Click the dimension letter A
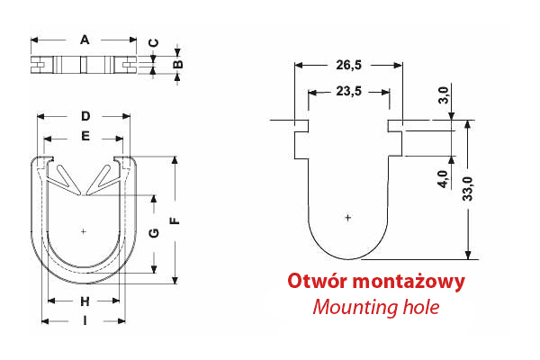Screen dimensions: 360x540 (85, 39)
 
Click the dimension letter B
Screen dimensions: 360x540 (178, 64)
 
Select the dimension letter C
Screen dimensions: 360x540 (153, 43)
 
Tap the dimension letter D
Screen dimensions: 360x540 (85, 116)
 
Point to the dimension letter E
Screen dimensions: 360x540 (85, 137)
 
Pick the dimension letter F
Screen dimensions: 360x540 (176, 219)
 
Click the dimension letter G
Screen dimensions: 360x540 (154, 234)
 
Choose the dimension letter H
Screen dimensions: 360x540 (85, 301)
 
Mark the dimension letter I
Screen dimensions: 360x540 (85, 320)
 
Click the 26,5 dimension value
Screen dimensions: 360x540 (347, 65)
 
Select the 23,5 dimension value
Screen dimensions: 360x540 (347, 91)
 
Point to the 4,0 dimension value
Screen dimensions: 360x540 (443, 178)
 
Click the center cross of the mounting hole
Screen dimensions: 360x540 (348, 218)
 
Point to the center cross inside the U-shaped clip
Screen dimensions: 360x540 (84, 231)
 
